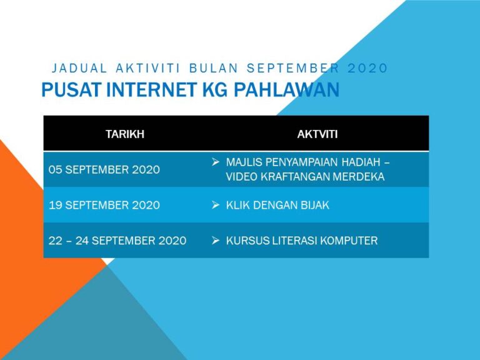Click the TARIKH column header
125,133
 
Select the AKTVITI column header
318,133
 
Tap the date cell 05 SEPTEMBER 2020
104,169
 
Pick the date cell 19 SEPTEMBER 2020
104,205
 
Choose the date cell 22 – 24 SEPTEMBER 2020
117,241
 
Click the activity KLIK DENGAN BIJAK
277,205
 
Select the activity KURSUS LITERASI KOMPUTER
302,241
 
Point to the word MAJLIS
242,162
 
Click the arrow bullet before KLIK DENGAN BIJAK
215,205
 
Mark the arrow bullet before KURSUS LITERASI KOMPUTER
215,241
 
